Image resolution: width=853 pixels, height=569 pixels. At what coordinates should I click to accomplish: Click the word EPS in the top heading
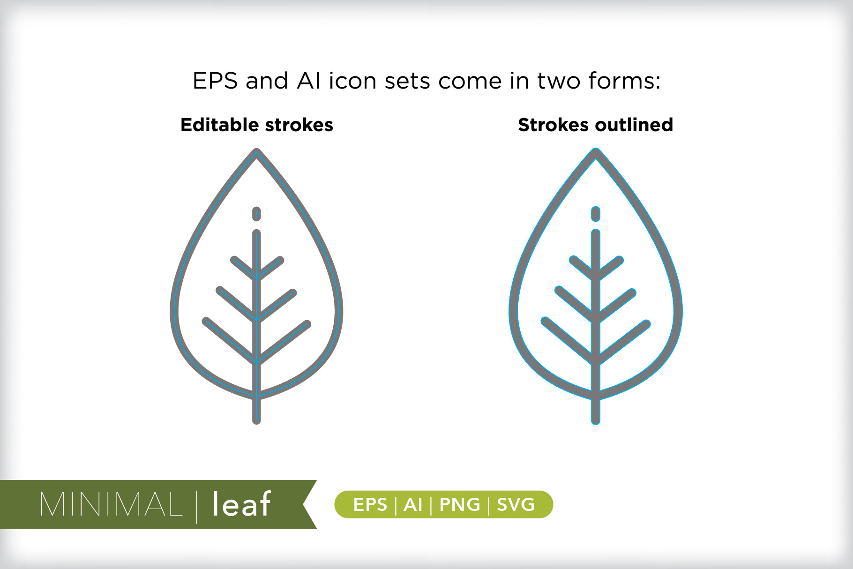click(x=215, y=81)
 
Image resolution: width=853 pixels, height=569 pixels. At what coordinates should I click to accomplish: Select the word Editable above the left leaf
click(x=220, y=125)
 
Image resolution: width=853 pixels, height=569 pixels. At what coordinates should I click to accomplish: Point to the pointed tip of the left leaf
click(x=256, y=150)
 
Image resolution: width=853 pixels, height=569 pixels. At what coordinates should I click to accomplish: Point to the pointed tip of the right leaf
click(x=596, y=150)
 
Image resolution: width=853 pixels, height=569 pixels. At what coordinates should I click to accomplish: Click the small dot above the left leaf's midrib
click(x=256, y=214)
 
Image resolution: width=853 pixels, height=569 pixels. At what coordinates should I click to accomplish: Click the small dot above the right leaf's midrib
click(x=596, y=214)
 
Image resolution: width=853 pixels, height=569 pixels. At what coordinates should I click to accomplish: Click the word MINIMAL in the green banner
click(x=111, y=505)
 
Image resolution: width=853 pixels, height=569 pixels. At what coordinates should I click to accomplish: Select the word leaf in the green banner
click(x=241, y=504)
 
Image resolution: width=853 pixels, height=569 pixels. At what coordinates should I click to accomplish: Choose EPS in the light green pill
click(x=370, y=505)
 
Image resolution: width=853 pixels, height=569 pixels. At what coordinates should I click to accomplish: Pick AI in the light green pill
click(x=413, y=505)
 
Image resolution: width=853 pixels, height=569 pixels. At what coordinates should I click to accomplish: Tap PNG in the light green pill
click(x=460, y=505)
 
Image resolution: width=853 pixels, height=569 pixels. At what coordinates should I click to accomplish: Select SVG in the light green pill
click(x=516, y=505)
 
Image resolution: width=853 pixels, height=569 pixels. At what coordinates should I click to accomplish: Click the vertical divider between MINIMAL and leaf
click(x=197, y=506)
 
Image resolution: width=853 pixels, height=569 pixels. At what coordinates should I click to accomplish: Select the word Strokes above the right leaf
click(x=553, y=125)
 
